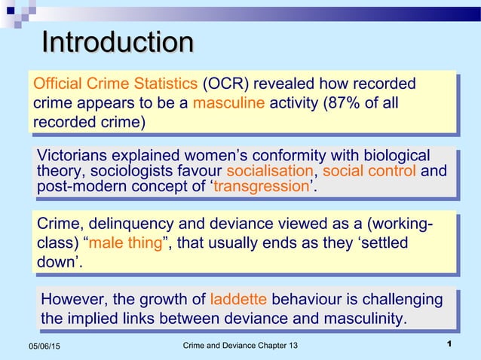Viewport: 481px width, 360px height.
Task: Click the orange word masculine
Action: click(228, 103)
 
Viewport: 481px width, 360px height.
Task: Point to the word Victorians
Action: click(73, 156)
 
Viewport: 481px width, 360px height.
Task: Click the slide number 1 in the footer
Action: click(449, 344)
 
